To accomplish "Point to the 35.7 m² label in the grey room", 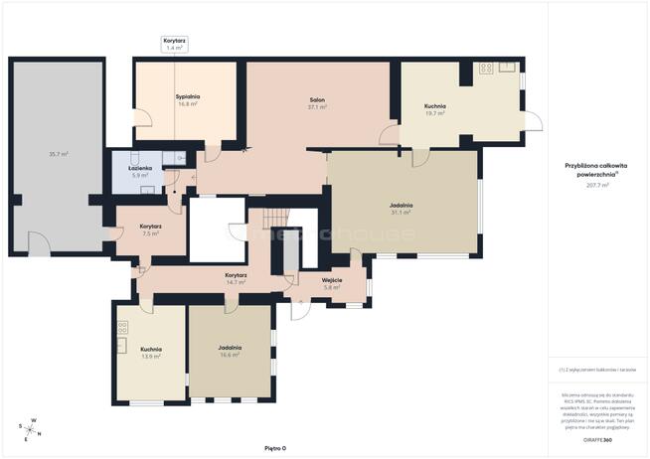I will click(58, 154).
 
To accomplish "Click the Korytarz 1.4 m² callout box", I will click(174, 44).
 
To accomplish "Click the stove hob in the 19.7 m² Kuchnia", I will click(486, 69).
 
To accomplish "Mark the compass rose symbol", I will click(29, 427).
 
